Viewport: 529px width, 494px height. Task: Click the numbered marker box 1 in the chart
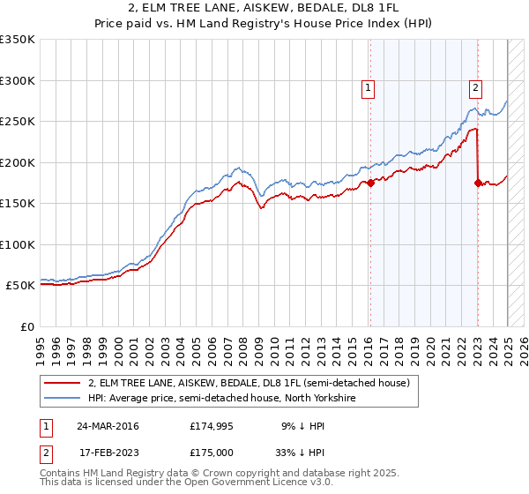coord(367,87)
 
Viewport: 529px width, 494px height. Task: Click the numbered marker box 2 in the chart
coord(475,87)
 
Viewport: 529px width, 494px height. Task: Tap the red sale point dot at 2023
coord(478,183)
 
